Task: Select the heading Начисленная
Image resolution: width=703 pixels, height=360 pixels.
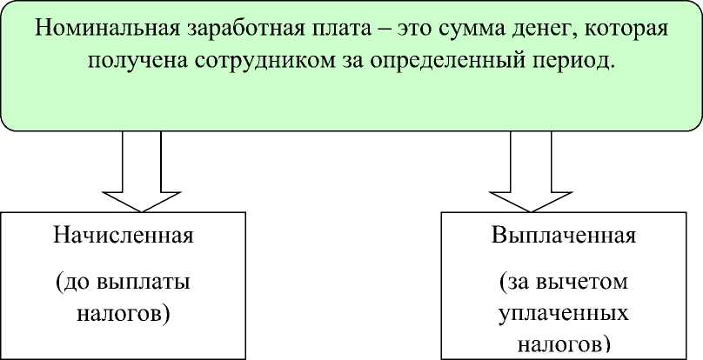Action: pyautogui.click(x=122, y=236)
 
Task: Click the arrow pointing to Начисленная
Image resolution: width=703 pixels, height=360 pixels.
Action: pyautogui.click(x=141, y=174)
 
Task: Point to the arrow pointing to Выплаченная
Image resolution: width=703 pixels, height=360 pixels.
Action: pyautogui.click(x=529, y=174)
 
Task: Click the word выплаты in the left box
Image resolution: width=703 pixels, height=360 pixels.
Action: pyautogui.click(x=142, y=283)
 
